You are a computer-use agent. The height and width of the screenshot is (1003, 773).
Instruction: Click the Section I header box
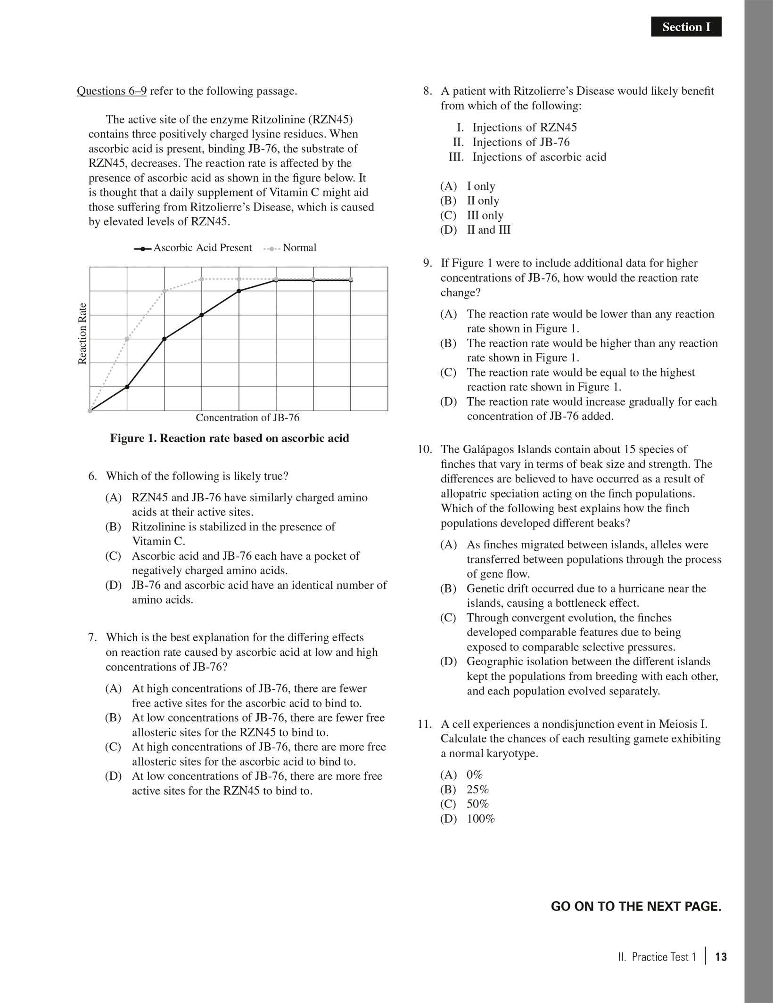click(x=686, y=27)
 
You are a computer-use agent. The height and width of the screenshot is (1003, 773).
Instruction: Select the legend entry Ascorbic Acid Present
click(x=193, y=248)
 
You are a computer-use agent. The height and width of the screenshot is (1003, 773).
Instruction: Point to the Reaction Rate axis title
click(x=82, y=333)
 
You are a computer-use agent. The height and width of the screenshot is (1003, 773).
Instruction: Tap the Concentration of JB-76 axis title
click(x=247, y=418)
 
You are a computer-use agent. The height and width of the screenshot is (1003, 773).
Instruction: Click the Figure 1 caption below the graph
click(x=230, y=439)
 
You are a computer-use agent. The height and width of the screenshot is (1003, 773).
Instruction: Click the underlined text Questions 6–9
click(x=112, y=91)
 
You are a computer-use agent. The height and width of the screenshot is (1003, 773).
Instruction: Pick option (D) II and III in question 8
click(x=475, y=230)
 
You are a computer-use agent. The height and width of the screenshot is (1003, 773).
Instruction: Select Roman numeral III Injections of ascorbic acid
click(x=528, y=157)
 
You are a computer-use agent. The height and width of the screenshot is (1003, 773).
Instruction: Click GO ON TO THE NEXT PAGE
click(x=636, y=907)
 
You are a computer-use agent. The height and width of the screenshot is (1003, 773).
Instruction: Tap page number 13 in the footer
click(x=721, y=957)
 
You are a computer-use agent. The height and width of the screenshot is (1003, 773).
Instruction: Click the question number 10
click(x=425, y=449)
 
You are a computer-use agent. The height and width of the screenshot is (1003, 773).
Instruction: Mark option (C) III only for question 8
click(x=472, y=215)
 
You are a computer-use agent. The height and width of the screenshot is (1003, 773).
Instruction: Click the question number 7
click(x=93, y=637)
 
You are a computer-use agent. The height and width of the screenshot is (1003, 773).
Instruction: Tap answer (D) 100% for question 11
click(x=467, y=819)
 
